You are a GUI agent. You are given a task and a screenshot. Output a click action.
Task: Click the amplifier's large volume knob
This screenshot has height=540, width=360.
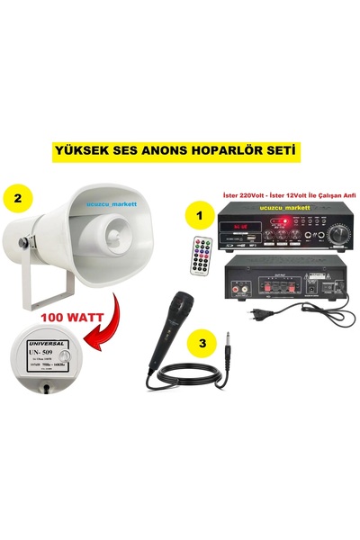336,232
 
